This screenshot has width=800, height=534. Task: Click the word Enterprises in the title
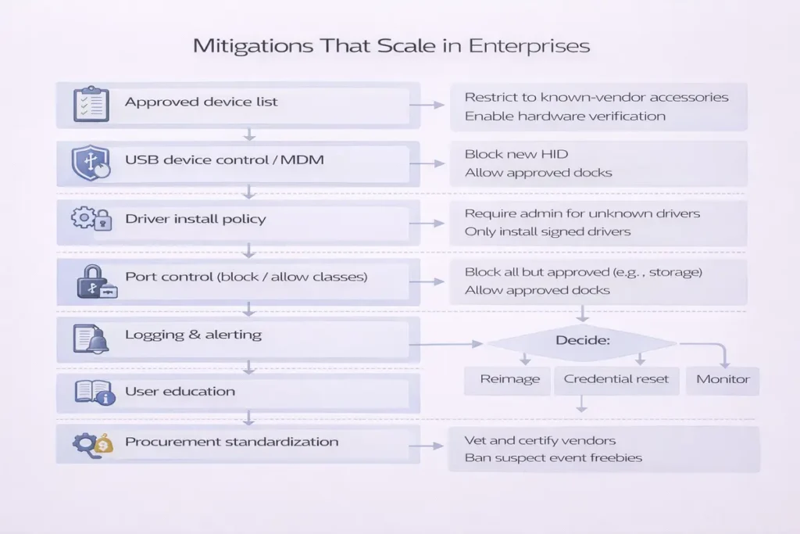pyautogui.click(x=529, y=45)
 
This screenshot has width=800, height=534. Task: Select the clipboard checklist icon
pyautogui.click(x=91, y=104)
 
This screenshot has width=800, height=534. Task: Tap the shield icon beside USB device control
pyautogui.click(x=89, y=163)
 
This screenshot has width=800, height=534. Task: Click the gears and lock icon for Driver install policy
pyautogui.click(x=90, y=219)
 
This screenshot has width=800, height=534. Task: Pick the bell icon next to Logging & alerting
pyautogui.click(x=91, y=338)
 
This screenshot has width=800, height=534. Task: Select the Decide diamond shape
pyautogui.click(x=581, y=342)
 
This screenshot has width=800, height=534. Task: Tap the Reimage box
pyautogui.click(x=509, y=379)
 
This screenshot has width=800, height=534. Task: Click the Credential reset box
pyautogui.click(x=616, y=379)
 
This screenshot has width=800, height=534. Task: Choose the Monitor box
pyautogui.click(x=723, y=379)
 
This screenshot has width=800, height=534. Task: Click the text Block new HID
pyautogui.click(x=516, y=154)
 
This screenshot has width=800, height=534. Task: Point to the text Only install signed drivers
pyautogui.click(x=548, y=231)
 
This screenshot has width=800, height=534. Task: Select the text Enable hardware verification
pyautogui.click(x=565, y=116)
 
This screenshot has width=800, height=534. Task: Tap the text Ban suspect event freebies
pyautogui.click(x=553, y=457)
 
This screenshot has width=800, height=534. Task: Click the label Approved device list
pyautogui.click(x=201, y=102)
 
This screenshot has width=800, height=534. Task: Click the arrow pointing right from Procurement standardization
pyautogui.click(x=427, y=446)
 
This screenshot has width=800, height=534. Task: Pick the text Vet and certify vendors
pyautogui.click(x=540, y=440)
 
